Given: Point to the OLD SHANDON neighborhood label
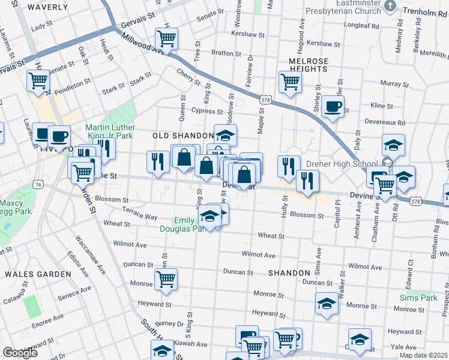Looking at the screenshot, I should pyautogui.click(x=182, y=136).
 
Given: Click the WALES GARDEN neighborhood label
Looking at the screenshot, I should pyautogui.click(x=38, y=274).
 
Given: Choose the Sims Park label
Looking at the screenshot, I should pyautogui.click(x=419, y=298).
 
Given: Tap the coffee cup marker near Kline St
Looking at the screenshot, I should pyautogui.click(x=332, y=107).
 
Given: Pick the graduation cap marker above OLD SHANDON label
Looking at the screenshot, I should pyautogui.click(x=225, y=136).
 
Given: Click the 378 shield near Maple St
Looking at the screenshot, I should pyautogui.click(x=264, y=98).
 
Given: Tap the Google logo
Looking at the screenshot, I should pyautogui.click(x=20, y=352).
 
